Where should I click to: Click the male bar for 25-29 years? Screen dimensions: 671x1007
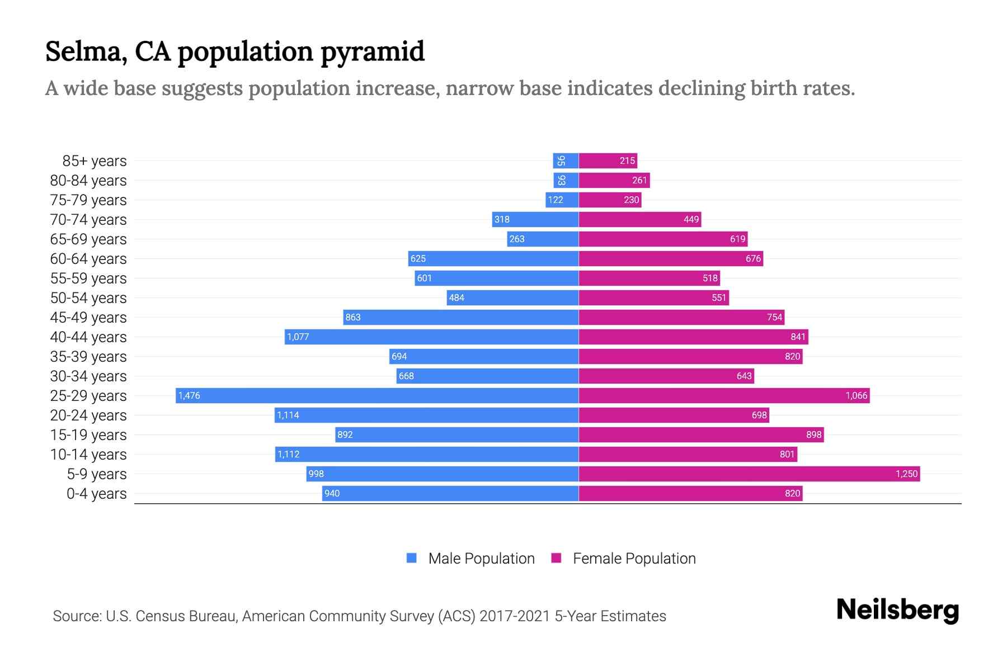tap(377, 395)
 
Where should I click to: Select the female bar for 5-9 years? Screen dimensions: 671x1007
tap(749, 474)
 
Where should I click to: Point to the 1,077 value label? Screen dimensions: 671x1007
tap(298, 337)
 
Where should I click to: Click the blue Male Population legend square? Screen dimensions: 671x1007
tap(412, 558)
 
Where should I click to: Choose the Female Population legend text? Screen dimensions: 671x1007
tap(634, 558)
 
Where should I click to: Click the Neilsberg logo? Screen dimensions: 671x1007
tap(897, 610)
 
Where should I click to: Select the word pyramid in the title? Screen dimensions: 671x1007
tap(373, 51)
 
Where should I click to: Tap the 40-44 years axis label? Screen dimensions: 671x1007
tap(88, 337)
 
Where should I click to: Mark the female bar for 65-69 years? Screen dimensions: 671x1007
tap(663, 239)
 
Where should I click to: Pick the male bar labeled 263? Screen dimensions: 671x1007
tap(543, 239)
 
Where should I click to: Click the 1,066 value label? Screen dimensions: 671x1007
tap(856, 395)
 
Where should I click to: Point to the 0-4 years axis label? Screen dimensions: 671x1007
tap(96, 494)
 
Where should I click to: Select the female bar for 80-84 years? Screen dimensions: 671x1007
tap(614, 180)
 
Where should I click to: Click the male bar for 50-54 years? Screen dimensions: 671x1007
tap(512, 297)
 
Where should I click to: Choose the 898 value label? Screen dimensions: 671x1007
tap(813, 434)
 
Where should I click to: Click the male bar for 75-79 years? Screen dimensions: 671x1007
tap(562, 200)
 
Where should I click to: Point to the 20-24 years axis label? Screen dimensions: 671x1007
tap(88, 415)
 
